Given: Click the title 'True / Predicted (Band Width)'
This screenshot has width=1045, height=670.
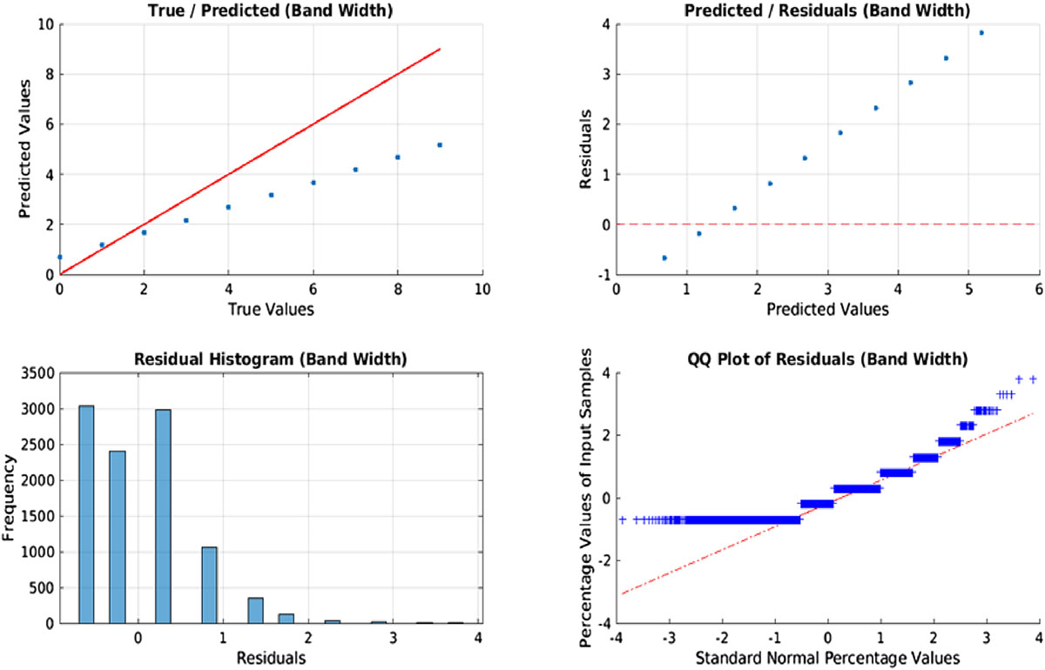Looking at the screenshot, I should (x=270, y=11).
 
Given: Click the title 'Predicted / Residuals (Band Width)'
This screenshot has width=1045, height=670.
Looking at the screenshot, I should (x=826, y=11).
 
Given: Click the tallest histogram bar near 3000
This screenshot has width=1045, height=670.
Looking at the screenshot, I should (x=86, y=513).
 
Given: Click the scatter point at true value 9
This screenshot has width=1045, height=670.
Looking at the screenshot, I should (x=440, y=144).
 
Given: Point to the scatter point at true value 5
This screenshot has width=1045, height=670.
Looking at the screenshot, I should (x=271, y=195).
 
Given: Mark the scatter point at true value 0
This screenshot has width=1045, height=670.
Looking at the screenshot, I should (x=59, y=257).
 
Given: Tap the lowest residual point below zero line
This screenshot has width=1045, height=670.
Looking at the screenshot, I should (x=664, y=258).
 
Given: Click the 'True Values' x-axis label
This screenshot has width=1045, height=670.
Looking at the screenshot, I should (x=270, y=308).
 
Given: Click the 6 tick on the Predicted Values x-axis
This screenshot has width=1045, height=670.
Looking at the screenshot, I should (x=1038, y=289).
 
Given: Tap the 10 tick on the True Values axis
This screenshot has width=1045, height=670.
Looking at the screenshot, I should (x=482, y=289).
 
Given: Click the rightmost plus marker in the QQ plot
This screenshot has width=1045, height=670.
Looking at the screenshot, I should (x=1033, y=379).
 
